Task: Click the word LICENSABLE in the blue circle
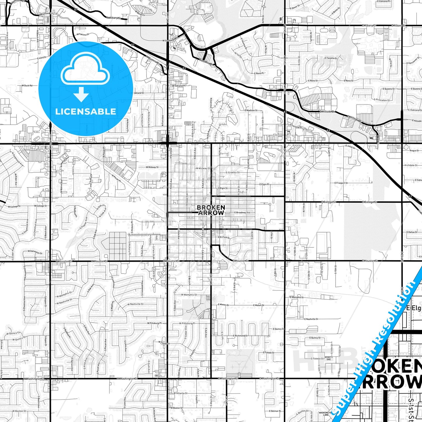click(x=86, y=111)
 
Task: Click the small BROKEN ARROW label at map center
click(x=211, y=210)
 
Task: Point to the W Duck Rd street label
click(x=27, y=86)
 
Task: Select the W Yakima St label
click(x=83, y=34)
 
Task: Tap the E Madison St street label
click(x=251, y=110)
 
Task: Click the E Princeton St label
click(x=382, y=100)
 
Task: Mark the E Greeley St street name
click(x=233, y=173)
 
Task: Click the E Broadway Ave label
click(x=242, y=213)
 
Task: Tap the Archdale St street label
click(x=411, y=165)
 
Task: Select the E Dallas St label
click(x=412, y=232)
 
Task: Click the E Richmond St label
click(x=241, y=336)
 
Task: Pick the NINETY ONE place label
click(x=329, y=358)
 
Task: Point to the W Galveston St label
click(x=35, y=251)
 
